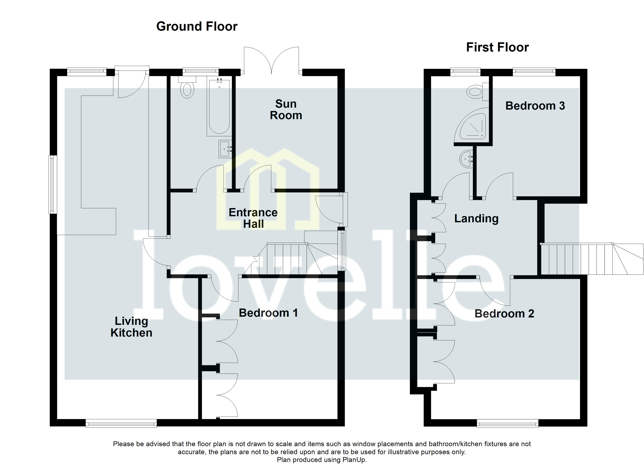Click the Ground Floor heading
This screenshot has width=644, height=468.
pyautogui.click(x=197, y=26)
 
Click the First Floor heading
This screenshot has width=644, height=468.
pyautogui.click(x=497, y=47)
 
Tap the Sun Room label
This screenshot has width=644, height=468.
pyautogui.click(x=286, y=110)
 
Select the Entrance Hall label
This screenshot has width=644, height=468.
pyautogui.click(x=253, y=218)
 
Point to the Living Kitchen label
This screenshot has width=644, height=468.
pyautogui.click(x=131, y=327)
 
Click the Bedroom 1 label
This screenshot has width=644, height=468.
pyautogui.click(x=268, y=313)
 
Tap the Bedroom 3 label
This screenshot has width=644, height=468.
pyautogui.click(x=535, y=106)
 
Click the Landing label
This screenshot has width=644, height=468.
pyautogui.click(x=476, y=219)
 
